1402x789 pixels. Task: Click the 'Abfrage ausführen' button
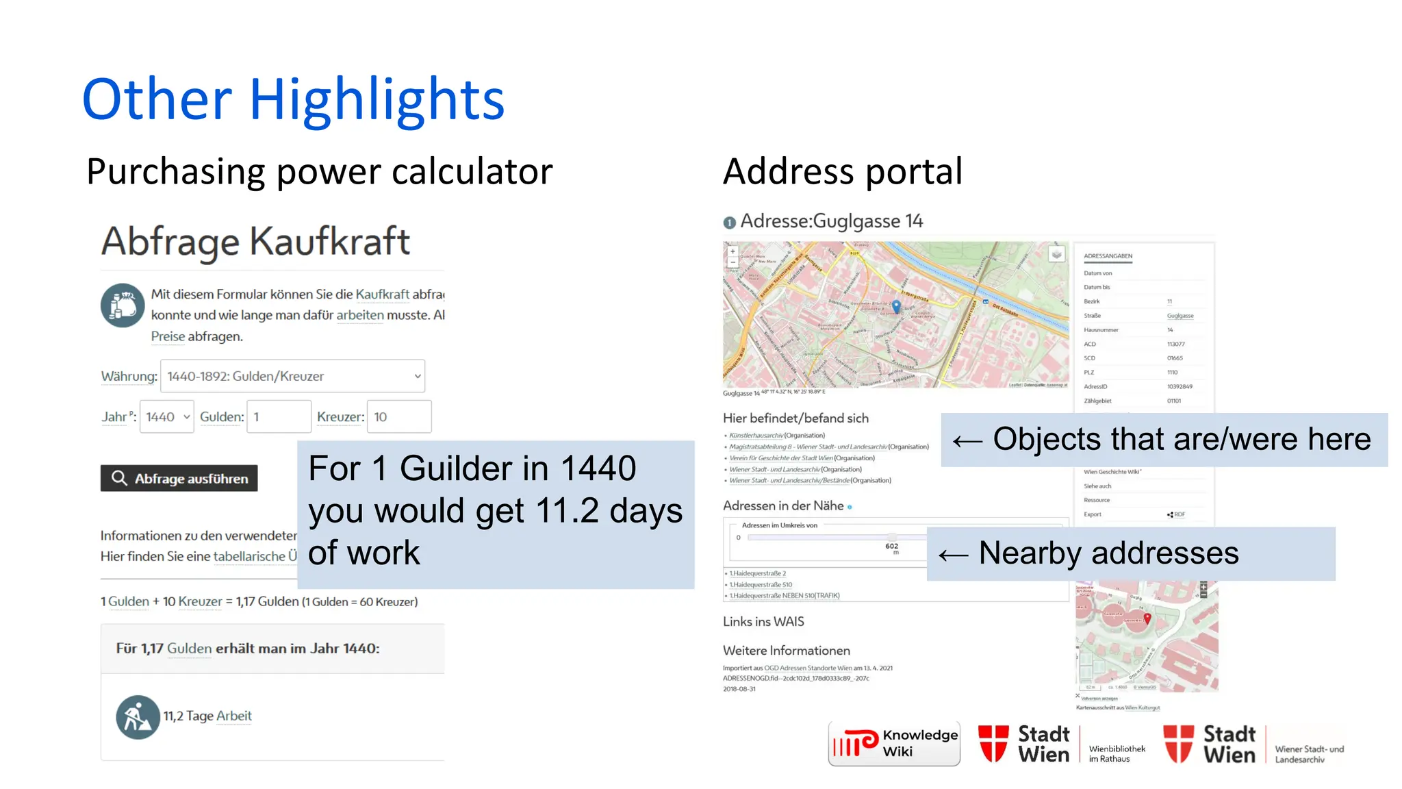[x=179, y=478]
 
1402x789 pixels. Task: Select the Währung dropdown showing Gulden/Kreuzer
[x=292, y=376]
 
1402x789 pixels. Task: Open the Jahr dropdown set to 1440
[x=166, y=416]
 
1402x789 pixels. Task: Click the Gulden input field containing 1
[x=279, y=416]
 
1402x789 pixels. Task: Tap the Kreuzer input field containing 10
[x=398, y=416]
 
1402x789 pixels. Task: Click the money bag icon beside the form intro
[x=123, y=305]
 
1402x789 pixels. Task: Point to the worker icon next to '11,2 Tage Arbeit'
[x=138, y=717]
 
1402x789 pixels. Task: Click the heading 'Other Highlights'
[x=293, y=100]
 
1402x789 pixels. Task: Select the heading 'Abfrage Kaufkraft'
[x=255, y=242]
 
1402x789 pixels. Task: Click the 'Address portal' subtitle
[x=842, y=171]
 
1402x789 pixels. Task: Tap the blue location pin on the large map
[x=896, y=306]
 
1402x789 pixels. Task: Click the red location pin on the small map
[x=1147, y=618]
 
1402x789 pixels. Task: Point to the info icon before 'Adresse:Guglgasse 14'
[x=729, y=222]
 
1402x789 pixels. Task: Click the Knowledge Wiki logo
[x=894, y=743]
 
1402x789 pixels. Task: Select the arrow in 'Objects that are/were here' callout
[x=967, y=441]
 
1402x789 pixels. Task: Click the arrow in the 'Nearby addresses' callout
[x=953, y=555]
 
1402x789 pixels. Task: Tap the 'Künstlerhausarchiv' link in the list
[x=756, y=436]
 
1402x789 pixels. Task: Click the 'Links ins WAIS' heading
[x=763, y=622]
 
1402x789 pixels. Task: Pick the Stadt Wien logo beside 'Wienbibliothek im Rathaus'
[x=1024, y=744]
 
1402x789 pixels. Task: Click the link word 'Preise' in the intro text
[x=168, y=336]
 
